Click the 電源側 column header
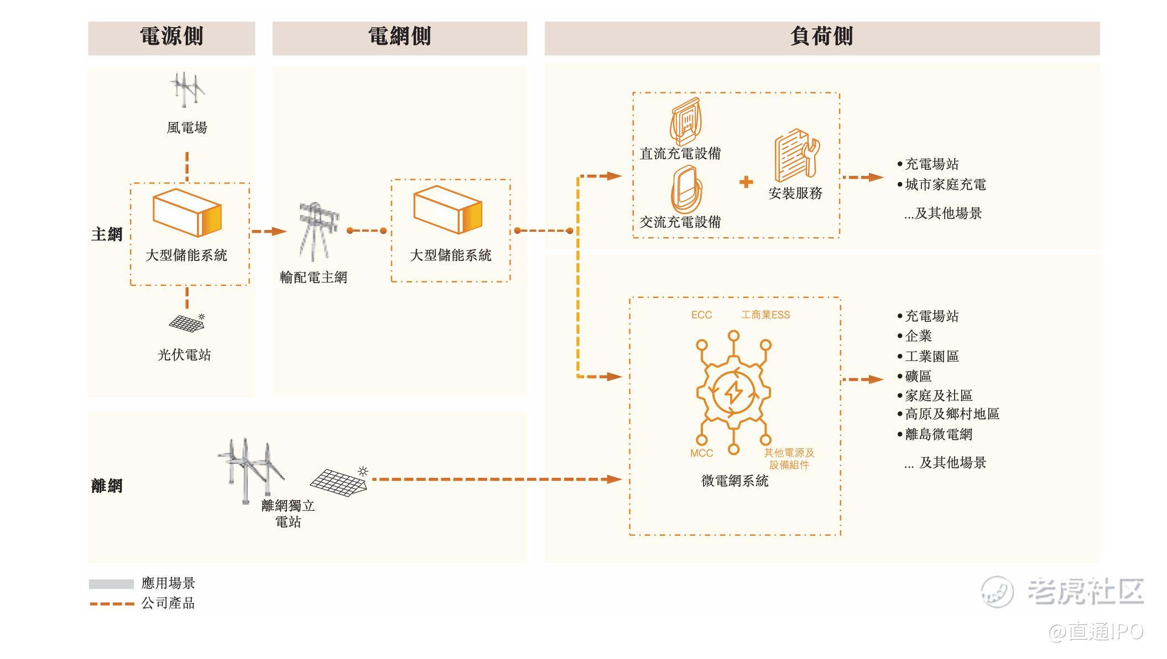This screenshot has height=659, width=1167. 171,37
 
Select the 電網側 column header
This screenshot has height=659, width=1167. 399,37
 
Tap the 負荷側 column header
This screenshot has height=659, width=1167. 821,37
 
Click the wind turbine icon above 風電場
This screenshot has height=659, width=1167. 186,90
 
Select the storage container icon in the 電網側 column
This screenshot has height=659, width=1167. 448,210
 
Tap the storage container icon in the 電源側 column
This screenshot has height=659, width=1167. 187,213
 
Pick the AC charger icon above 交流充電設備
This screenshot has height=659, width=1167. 686,190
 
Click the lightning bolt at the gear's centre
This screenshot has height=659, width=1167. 733,393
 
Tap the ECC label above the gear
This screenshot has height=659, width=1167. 701,315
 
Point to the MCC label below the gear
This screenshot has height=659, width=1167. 701,453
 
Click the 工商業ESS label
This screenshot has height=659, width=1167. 765,315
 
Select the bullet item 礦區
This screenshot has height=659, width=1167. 918,376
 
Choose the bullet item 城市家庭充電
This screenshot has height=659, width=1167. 945,185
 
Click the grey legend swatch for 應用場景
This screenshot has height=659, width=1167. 111,584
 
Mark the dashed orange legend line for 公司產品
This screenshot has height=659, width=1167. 112,604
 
